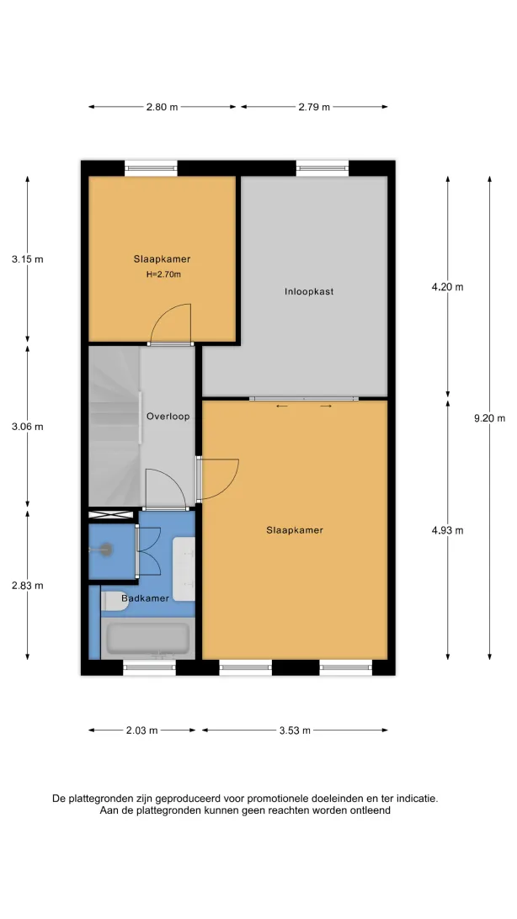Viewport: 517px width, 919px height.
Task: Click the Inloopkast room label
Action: pyautogui.click(x=309, y=291)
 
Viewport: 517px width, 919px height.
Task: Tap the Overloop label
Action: pyautogui.click(x=168, y=417)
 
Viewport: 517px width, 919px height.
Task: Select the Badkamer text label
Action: pyautogui.click(x=146, y=598)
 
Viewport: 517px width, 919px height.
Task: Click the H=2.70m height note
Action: pyautogui.click(x=163, y=274)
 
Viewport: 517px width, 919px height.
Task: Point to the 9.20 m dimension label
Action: pyautogui.click(x=489, y=418)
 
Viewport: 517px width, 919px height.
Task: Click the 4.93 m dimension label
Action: pyautogui.click(x=447, y=530)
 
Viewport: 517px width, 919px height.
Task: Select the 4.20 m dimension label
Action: pyautogui.click(x=447, y=287)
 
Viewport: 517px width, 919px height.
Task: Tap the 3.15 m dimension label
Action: pyautogui.click(x=28, y=258)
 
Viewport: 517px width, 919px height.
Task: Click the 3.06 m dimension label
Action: pyautogui.click(x=28, y=427)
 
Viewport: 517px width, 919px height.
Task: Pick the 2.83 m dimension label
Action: pyautogui.click(x=28, y=586)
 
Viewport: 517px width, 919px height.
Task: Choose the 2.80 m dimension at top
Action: pyautogui.click(x=162, y=107)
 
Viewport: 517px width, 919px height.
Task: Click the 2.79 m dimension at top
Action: pyautogui.click(x=313, y=107)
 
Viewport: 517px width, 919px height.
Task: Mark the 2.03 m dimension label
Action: pyautogui.click(x=141, y=730)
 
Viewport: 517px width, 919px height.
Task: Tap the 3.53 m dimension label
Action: pyautogui.click(x=295, y=730)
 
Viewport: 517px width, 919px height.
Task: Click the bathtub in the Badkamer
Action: pyautogui.click(x=147, y=638)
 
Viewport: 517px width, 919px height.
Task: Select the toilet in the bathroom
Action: pyautogui.click(x=115, y=602)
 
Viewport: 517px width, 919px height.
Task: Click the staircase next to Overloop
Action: pyautogui.click(x=115, y=426)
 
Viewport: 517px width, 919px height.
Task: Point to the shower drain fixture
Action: pyautogui.click(x=104, y=550)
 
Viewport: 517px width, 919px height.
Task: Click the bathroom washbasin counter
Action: pyautogui.click(x=184, y=569)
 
